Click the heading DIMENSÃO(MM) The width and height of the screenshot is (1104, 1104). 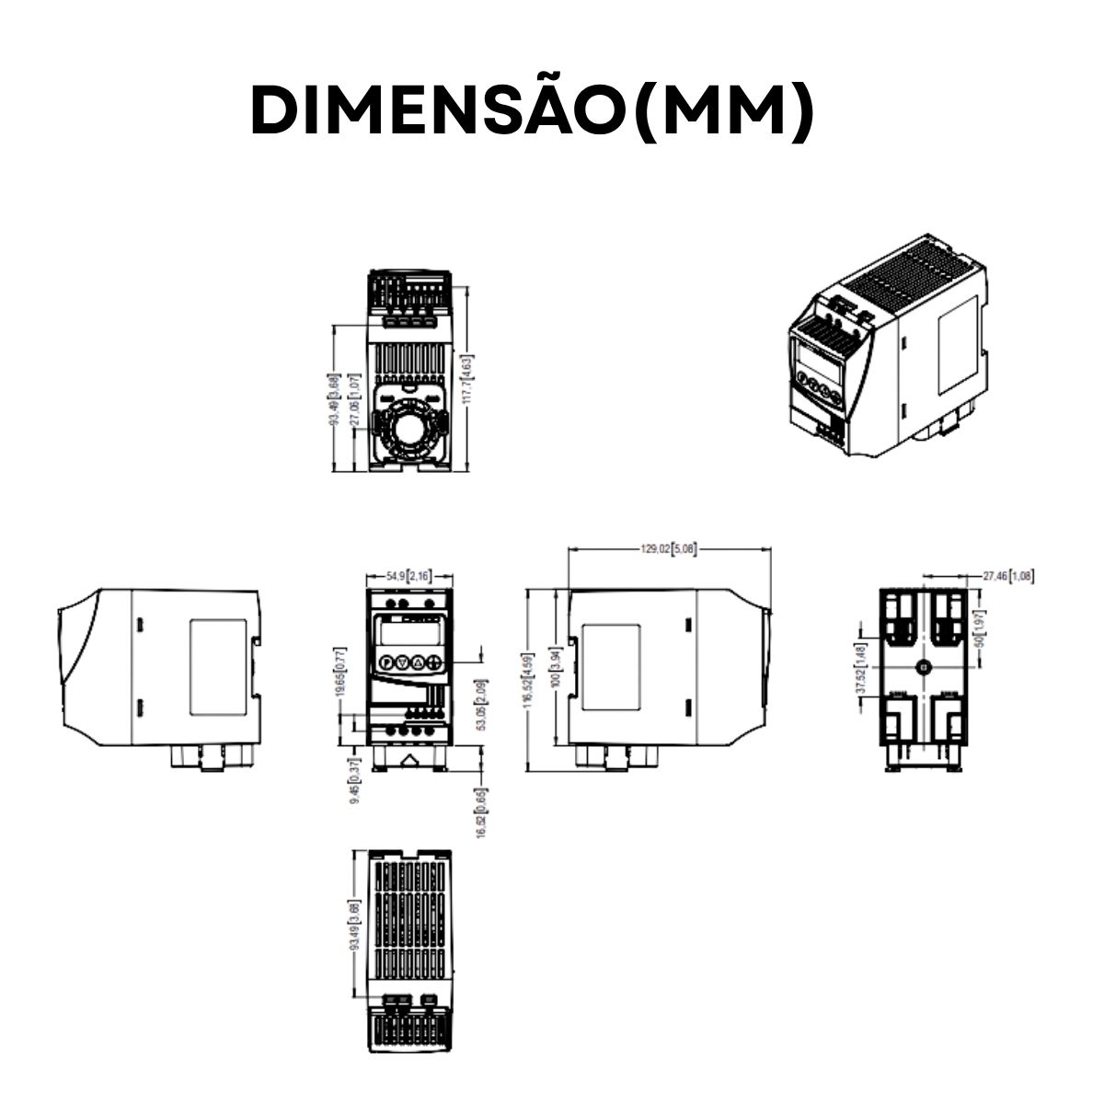(x=533, y=111)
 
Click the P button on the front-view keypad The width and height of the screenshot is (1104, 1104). (x=385, y=661)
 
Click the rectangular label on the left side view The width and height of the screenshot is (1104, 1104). (x=217, y=667)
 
